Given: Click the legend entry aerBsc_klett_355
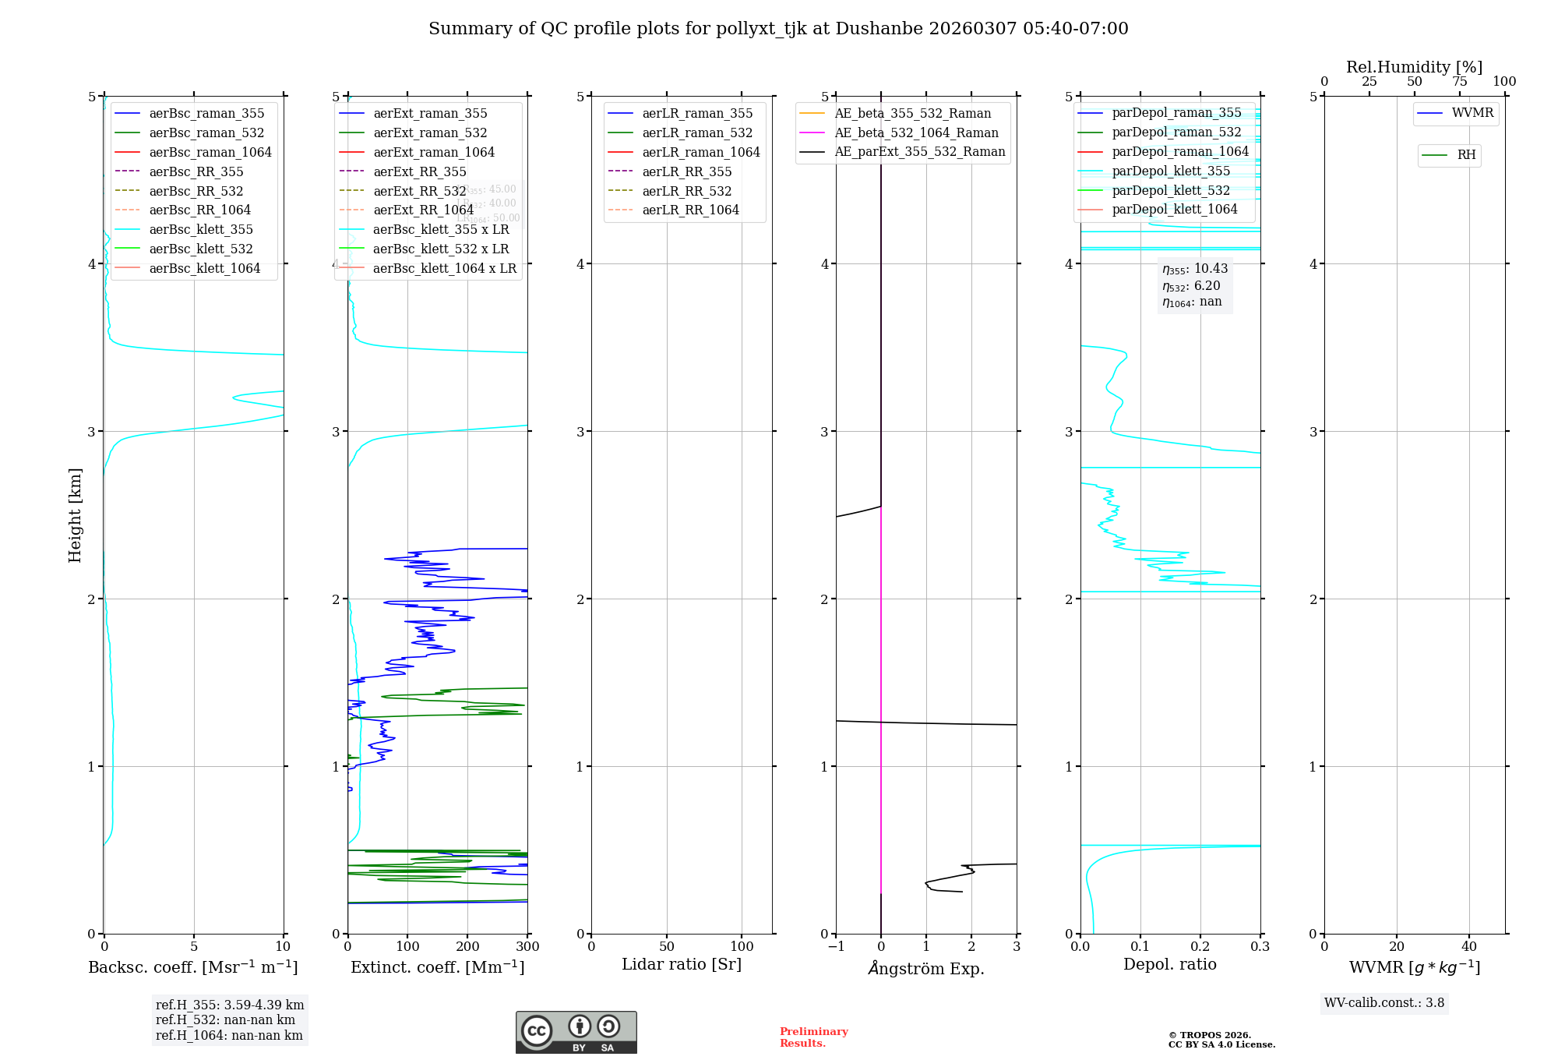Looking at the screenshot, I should pos(200,229).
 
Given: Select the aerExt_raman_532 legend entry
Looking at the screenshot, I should pos(430,132).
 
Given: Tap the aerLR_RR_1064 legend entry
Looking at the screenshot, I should pos(690,210).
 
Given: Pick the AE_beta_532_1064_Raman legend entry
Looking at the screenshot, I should pos(916,132).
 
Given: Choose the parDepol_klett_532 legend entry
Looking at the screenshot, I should pos(1171,190).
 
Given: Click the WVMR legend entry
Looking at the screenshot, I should pos(1472,113).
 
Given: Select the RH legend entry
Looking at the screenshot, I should pos(1466,155).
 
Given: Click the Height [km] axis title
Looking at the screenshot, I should pos(75,515).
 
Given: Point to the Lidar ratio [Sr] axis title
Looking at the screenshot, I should pos(682,964).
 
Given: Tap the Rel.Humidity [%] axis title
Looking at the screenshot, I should pos(1414,67).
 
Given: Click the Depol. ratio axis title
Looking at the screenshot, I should pos(1169,964).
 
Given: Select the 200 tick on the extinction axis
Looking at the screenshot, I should pos(467,946).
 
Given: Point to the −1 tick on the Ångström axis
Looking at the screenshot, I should pos(836,946).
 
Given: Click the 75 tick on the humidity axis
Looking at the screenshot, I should pos(1459,81).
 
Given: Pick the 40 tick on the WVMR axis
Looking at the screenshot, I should pos(1469,946).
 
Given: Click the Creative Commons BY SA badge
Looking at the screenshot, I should pos(576,1032).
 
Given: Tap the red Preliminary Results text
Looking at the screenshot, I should pos(813,1037).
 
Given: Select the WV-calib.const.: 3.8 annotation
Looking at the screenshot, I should pos(1384,1003).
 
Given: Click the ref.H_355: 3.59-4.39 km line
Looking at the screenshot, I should pos(230,1005).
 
